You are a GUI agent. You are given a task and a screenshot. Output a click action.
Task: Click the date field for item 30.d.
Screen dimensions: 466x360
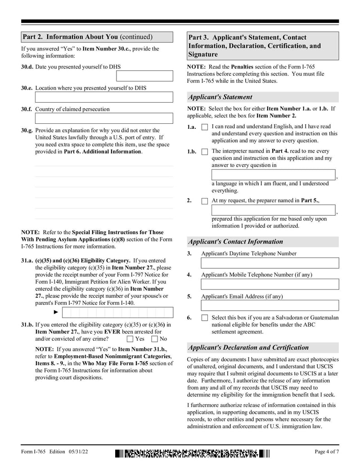click(x=151, y=76)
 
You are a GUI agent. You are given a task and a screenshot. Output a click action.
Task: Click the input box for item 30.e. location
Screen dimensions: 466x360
click(x=104, y=97)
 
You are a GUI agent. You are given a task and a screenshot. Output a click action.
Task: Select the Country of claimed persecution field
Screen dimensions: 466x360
click(x=104, y=118)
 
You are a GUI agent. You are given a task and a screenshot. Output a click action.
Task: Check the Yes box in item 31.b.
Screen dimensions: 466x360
click(x=130, y=339)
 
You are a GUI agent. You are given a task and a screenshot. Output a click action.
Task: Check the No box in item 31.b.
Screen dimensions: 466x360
click(x=154, y=339)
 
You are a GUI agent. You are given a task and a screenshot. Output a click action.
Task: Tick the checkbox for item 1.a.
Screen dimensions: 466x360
click(x=205, y=127)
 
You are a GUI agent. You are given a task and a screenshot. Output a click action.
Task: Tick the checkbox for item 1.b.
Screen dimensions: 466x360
click(x=205, y=152)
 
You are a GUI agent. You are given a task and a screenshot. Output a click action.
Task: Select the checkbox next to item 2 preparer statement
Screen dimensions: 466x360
click(x=205, y=201)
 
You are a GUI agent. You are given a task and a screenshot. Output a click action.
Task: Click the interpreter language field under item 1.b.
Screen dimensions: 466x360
click(x=273, y=175)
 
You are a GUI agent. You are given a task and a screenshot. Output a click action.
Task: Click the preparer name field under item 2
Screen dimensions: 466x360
click(x=273, y=210)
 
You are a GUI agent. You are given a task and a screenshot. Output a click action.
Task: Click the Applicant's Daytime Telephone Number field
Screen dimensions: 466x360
click(x=270, y=263)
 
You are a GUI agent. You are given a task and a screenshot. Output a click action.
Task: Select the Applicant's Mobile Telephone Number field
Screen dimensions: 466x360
click(x=270, y=284)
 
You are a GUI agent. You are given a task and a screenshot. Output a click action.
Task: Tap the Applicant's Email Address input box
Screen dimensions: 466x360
click(x=270, y=305)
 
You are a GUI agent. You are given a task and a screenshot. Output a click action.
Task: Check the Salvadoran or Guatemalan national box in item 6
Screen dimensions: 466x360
click(x=205, y=318)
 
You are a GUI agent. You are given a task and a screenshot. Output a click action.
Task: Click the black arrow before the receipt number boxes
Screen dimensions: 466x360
click(x=56, y=312)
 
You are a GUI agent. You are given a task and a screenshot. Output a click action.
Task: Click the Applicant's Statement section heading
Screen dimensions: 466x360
click(x=220, y=97)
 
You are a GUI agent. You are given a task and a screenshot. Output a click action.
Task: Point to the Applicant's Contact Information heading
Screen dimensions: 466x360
click(x=235, y=241)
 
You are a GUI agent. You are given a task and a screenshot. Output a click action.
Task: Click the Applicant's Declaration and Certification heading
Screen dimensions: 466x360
click(x=248, y=347)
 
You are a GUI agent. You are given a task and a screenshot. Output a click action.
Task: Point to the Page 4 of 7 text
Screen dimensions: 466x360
click(x=326, y=452)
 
